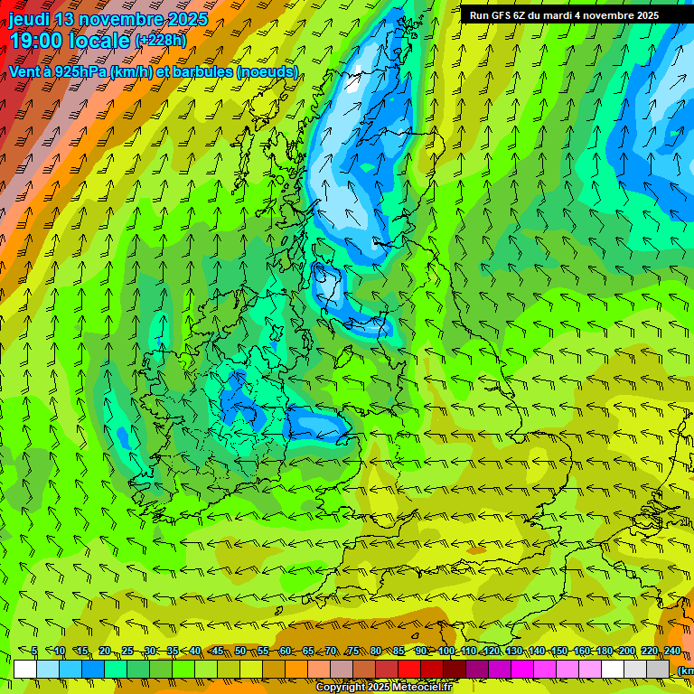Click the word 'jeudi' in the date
click(x=31, y=19)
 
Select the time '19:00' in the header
click(x=35, y=41)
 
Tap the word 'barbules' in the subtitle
click(x=202, y=72)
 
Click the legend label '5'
click(x=34, y=652)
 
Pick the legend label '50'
click(x=240, y=652)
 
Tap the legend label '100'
click(x=446, y=652)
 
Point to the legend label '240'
click(x=671, y=652)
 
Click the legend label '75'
click(x=353, y=652)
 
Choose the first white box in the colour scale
click(x=25, y=669)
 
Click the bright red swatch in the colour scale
click(x=409, y=669)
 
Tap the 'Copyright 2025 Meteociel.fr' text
click(x=383, y=688)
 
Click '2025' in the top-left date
click(x=183, y=19)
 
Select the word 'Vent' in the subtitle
click(x=24, y=72)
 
